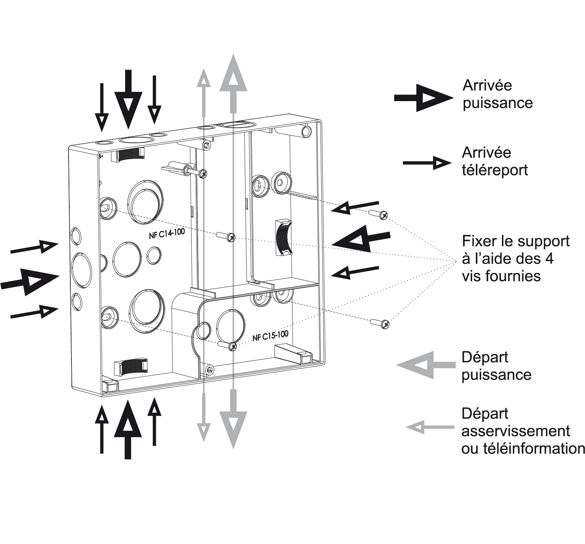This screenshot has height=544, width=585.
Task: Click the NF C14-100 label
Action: (167, 233)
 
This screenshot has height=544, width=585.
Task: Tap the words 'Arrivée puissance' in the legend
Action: (497, 94)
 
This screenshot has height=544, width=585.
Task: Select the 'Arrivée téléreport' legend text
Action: (494, 161)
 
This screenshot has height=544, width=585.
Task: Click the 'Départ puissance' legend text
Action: (496, 366)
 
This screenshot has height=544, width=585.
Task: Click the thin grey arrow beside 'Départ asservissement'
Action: (429, 427)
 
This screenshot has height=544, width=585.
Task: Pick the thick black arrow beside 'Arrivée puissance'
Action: (424, 98)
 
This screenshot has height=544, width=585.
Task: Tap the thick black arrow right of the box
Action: (361, 238)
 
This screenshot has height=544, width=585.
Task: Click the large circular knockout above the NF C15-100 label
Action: (230, 324)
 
